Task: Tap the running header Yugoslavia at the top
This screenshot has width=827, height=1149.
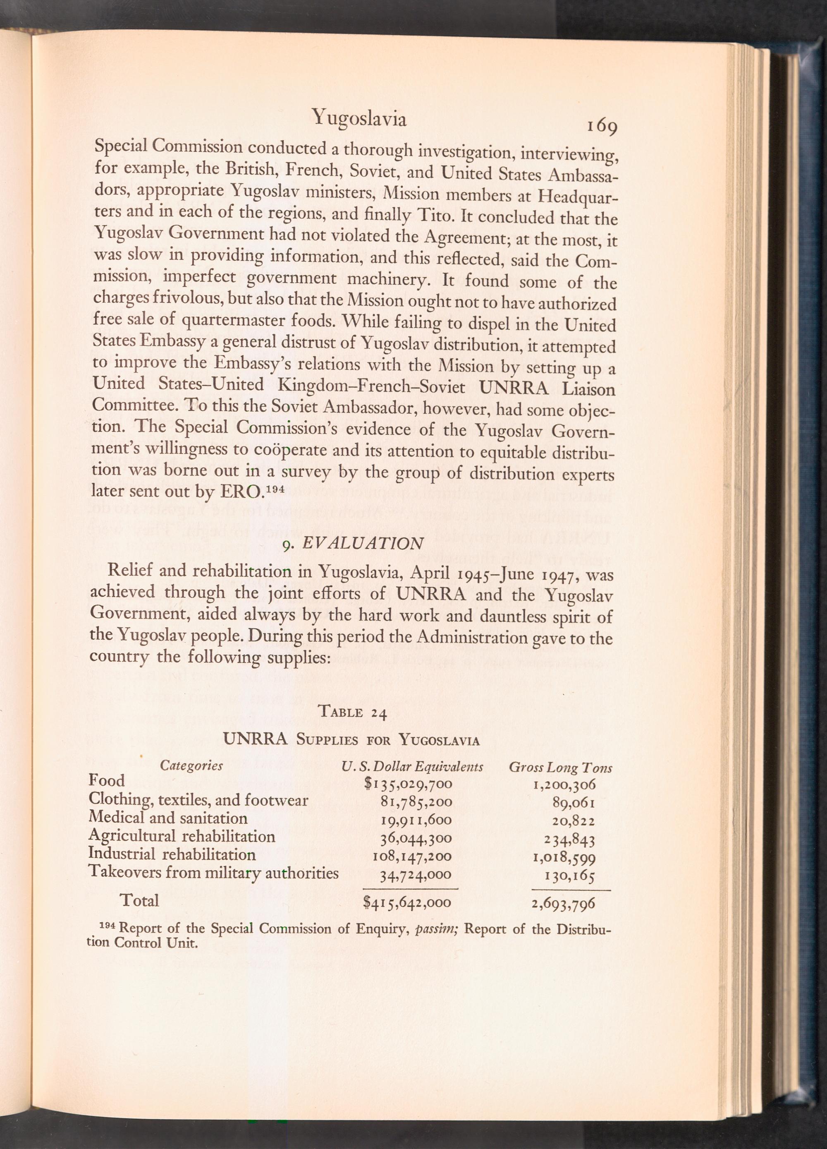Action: pos(359,118)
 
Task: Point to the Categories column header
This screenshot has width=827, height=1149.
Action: pos(191,765)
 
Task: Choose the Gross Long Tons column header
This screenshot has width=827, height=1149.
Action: pos(561,768)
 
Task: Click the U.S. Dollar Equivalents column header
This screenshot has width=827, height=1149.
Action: pos(412,767)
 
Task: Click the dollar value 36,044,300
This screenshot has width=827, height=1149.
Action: pos(416,838)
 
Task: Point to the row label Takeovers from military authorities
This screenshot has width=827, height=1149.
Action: pos(213,873)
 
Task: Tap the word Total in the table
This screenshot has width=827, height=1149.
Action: pos(139,901)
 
